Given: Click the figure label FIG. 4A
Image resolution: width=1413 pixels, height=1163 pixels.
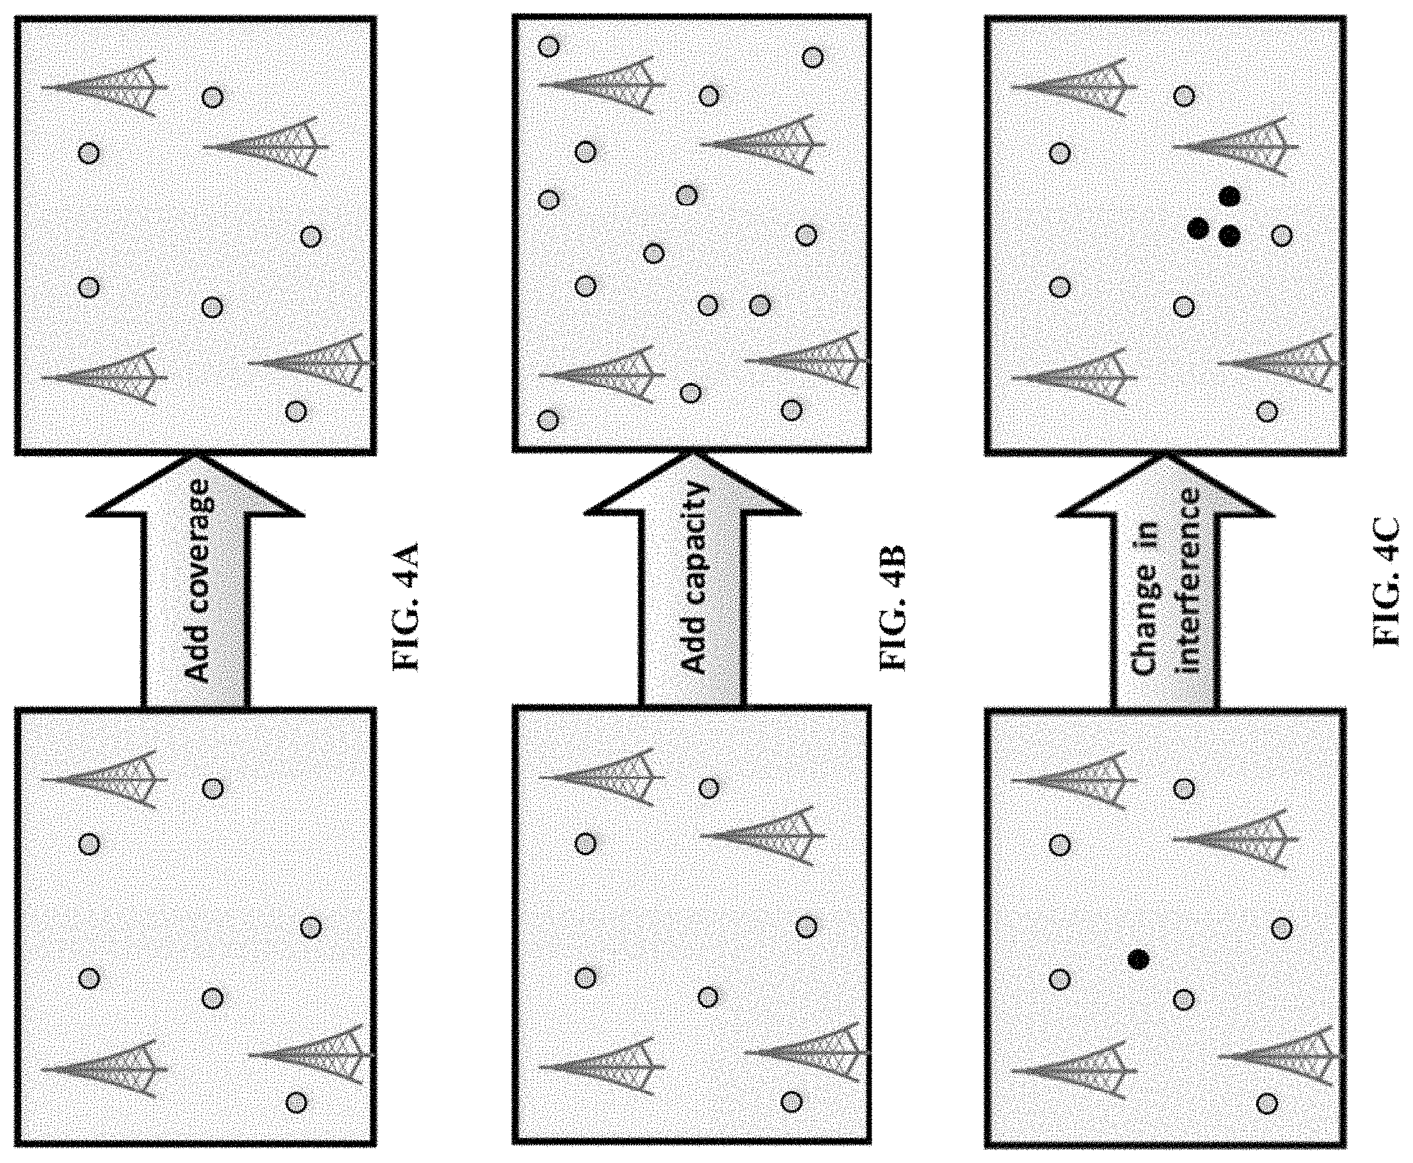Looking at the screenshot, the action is [405, 607].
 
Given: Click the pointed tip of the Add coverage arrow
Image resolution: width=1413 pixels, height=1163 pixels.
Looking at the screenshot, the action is [196, 455].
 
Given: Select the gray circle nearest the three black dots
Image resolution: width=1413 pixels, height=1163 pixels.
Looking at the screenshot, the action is [1281, 236].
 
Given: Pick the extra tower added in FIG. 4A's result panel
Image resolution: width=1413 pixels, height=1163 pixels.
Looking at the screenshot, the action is [266, 146].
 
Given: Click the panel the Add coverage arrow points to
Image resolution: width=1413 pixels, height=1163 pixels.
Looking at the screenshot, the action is [195, 235].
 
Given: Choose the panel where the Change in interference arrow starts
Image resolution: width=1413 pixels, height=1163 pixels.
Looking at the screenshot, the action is [1165, 926].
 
